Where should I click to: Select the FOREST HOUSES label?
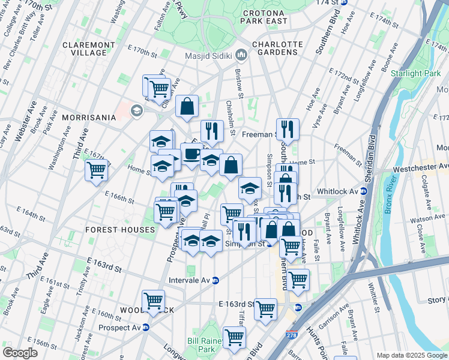pyautogui.click(x=120, y=229)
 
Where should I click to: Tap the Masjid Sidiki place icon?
pyautogui.click(x=242, y=56)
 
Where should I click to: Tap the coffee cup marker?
pyautogui.click(x=191, y=154)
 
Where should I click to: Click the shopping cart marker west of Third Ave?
pyautogui.click(x=96, y=170)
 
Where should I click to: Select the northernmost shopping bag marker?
pyautogui.click(x=187, y=106)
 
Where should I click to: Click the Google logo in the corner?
pyautogui.click(x=20, y=353)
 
